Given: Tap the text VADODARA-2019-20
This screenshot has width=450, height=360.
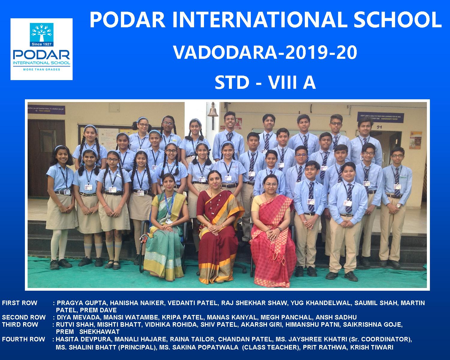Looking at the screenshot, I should pos(265,52).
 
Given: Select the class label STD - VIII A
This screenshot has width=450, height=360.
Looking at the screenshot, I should pos(265,82).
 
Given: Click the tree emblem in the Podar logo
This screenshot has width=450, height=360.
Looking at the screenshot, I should pos(41,33).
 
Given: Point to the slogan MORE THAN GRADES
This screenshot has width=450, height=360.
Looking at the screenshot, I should pos(42,69).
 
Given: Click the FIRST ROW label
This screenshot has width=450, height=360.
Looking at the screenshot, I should pos(19,303).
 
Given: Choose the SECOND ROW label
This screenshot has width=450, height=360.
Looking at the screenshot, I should pos(24,317).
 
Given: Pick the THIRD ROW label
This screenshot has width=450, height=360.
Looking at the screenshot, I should pos(20,325).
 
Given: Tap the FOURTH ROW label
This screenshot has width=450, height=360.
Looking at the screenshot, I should pos(23,339).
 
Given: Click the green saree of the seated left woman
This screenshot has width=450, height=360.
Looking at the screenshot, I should pos(165,240).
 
